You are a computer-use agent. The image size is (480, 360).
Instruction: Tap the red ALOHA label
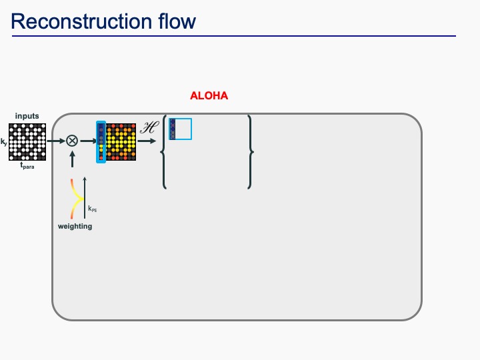[209, 96]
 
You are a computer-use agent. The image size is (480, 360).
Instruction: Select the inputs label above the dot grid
[27, 116]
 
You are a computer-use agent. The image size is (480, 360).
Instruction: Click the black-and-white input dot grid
[27, 141]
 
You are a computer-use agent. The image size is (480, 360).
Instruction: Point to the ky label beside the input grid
[4, 141]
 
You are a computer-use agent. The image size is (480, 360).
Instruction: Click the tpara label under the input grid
[27, 166]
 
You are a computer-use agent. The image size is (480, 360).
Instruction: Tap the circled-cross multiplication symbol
[71, 141]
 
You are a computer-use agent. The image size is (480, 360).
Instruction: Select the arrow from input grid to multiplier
[56, 141]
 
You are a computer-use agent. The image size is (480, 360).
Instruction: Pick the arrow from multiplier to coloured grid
[87, 141]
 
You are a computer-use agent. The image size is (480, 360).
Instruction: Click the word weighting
[75, 227]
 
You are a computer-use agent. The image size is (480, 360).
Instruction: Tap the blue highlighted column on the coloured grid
[101, 142]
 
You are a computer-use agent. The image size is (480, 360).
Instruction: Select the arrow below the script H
[149, 141]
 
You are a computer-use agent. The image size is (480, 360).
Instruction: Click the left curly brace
[164, 152]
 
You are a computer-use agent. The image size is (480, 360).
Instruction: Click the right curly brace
[250, 152]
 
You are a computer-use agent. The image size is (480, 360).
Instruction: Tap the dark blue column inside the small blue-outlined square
[173, 129]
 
